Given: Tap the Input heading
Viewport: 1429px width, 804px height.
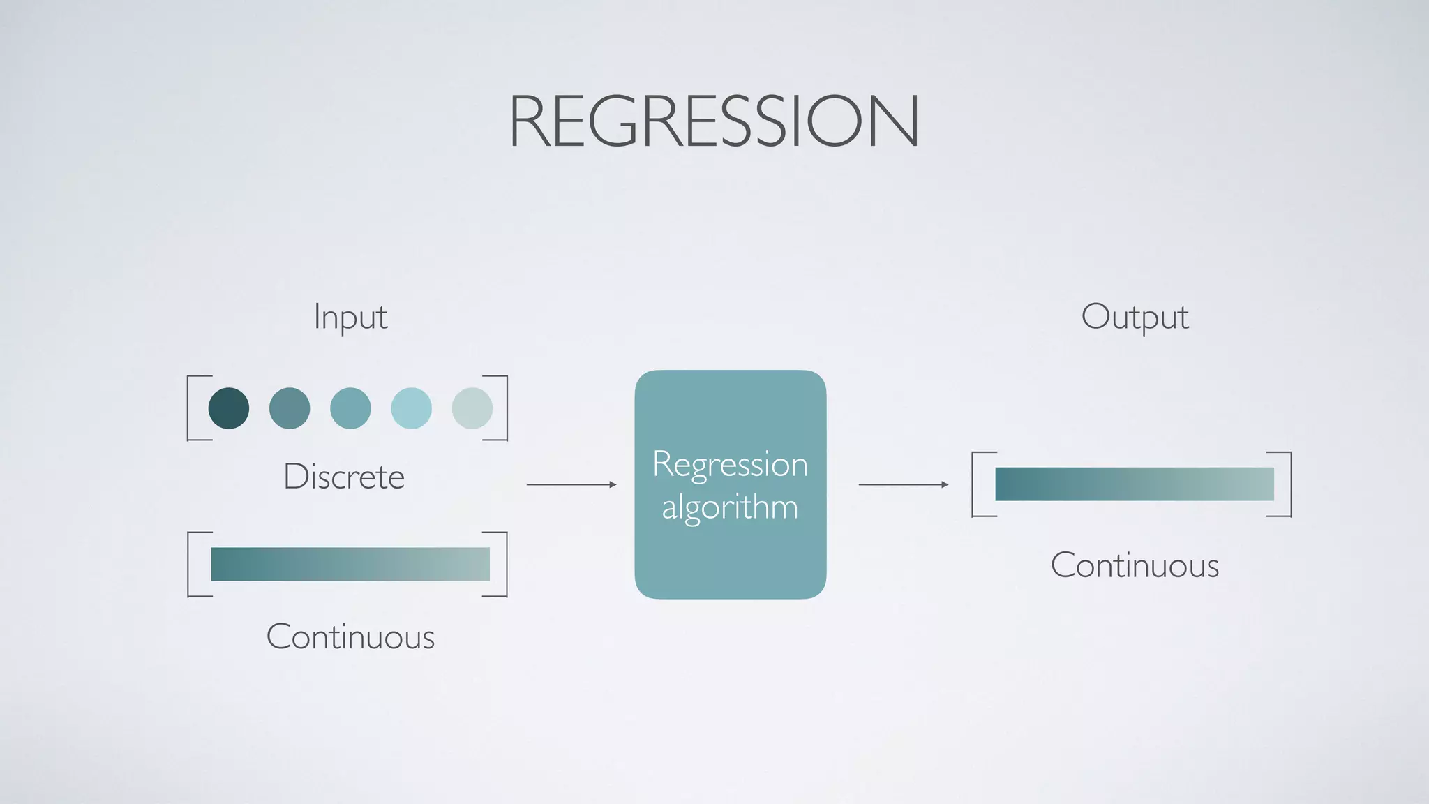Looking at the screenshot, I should (x=350, y=318).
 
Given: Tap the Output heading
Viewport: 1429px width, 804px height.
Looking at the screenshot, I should (x=1135, y=318).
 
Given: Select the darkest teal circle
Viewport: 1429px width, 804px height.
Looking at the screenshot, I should (x=229, y=408).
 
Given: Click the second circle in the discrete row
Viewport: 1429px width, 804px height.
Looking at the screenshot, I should (x=290, y=408).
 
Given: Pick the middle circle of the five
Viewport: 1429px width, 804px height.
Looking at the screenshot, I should (x=350, y=408).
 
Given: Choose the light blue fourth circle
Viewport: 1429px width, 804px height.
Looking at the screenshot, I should (x=411, y=408).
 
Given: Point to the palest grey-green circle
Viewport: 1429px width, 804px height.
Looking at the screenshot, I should (x=472, y=408).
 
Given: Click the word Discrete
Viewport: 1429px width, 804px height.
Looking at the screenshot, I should (x=344, y=477).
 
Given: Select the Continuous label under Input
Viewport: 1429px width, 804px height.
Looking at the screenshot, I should (x=350, y=636).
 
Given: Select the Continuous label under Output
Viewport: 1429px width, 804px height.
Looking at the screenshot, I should (x=1135, y=565).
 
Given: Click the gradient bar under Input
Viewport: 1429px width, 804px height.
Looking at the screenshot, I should (x=350, y=564).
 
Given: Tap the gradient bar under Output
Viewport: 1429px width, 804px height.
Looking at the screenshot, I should (x=1135, y=484).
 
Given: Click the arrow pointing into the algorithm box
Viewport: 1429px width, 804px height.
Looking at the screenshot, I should (x=571, y=484).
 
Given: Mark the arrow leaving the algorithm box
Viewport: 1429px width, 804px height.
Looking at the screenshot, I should (x=904, y=484).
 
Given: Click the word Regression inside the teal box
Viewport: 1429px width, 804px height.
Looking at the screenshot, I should (x=730, y=464).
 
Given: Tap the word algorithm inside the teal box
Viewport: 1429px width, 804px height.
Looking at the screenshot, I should (x=730, y=507).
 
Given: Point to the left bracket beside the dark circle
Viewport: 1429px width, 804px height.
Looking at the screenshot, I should (x=190, y=408).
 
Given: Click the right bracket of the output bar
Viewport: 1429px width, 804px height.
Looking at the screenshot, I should (x=1289, y=484).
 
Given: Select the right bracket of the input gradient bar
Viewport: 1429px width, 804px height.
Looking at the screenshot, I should (x=505, y=564).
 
